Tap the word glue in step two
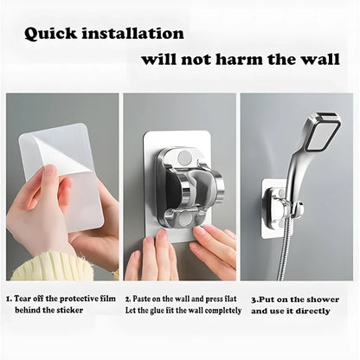pyautogui.click(x=167, y=311)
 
